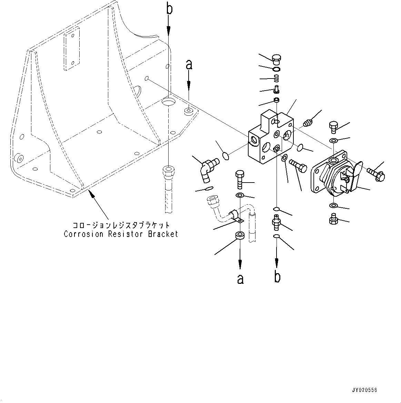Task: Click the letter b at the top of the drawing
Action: coord(169,9)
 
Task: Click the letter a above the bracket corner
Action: coord(189,64)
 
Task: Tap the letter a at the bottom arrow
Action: coord(240,279)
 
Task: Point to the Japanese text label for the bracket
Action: coord(121,225)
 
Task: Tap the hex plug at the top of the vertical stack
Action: coord(277,60)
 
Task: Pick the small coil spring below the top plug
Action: coord(277,80)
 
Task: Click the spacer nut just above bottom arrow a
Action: coord(240,236)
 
